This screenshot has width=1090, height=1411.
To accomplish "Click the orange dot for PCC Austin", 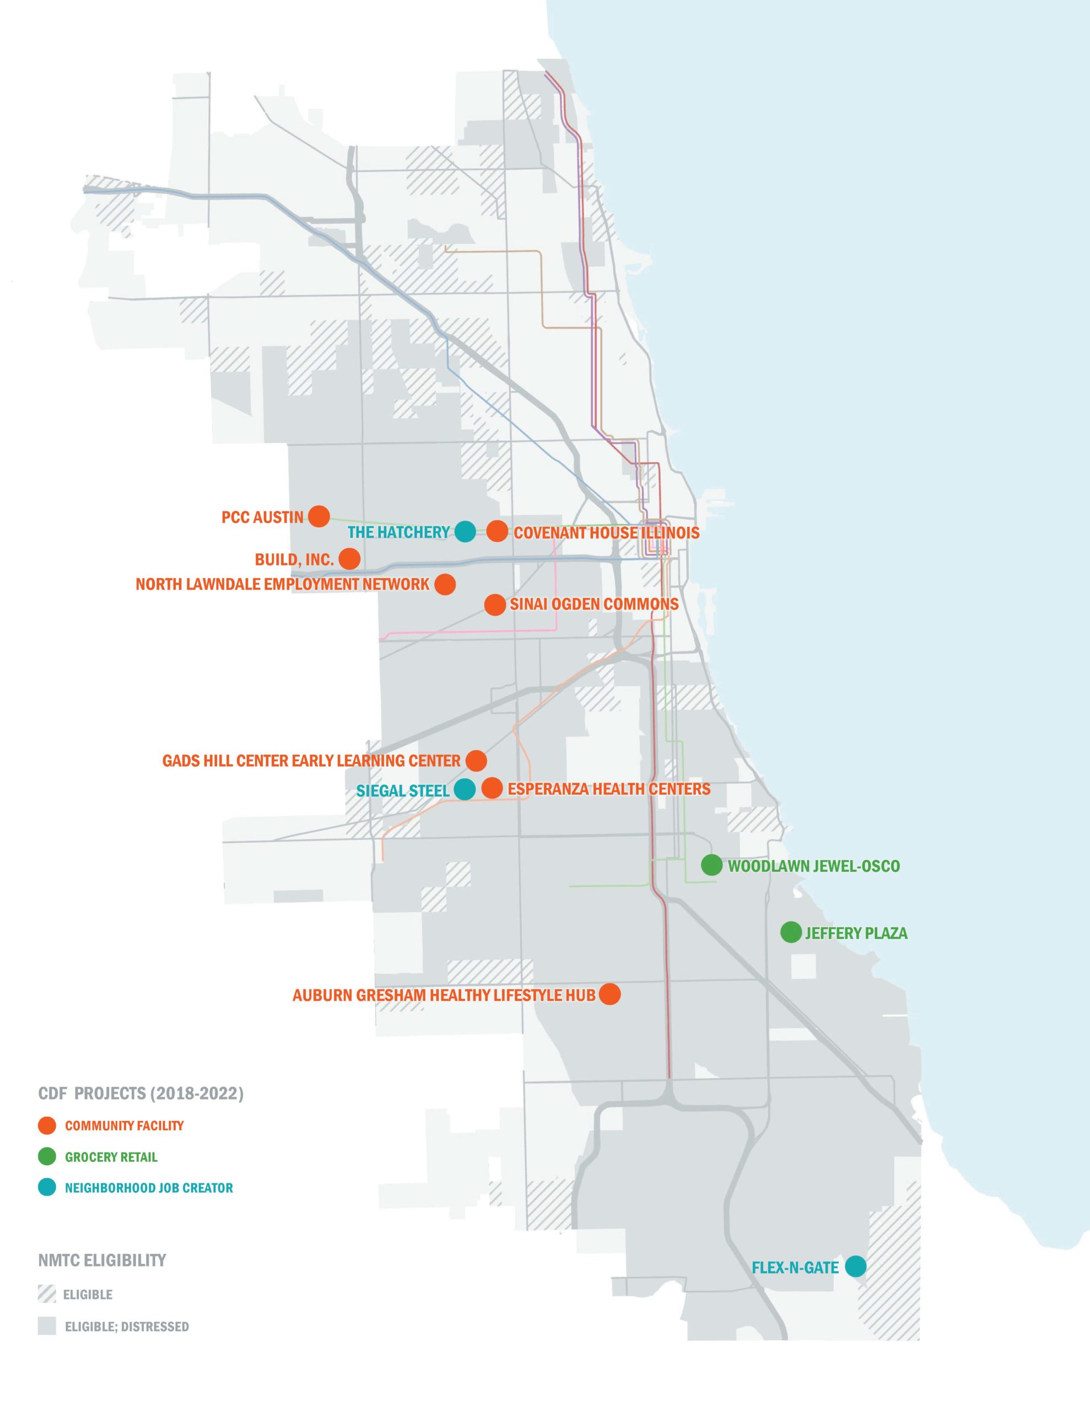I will pos(319,516).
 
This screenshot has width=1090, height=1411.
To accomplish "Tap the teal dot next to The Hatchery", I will pos(465,532).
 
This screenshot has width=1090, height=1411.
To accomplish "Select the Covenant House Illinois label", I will pos(606,533).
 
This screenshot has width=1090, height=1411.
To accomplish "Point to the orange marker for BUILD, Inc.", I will pos(349,559).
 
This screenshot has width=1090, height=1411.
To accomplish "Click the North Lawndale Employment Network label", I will pos(282,585).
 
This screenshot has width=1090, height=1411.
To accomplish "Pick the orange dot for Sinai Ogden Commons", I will pos(495,605).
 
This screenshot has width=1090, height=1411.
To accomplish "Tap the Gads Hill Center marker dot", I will pos(476,761).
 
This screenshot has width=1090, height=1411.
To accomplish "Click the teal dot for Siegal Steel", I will pos(465,789).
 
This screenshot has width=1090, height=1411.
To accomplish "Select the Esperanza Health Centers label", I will pos(608,789).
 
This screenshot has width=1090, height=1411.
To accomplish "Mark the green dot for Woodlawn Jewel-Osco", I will pos(711,865).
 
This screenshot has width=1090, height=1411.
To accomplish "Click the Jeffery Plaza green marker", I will pos(791,932).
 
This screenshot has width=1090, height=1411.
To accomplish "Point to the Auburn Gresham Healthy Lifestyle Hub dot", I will pos(610,994).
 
